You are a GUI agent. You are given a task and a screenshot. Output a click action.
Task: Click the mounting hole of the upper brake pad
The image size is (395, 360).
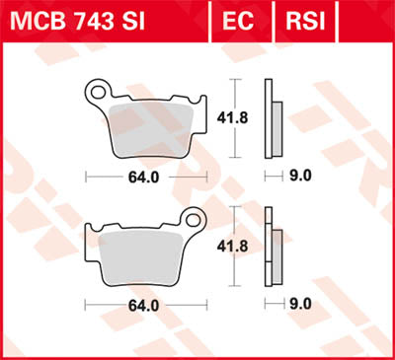(98, 95)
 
